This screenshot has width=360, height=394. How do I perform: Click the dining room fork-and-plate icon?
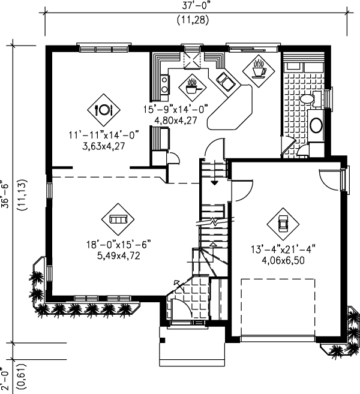point(104,109)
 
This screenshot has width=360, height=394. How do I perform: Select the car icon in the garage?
point(283,224)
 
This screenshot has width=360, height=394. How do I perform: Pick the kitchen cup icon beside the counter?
point(191,86)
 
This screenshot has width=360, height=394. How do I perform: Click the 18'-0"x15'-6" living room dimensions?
point(117,244)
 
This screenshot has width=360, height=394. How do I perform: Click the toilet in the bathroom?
point(307,99)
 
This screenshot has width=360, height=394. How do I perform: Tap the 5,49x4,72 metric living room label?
point(117,255)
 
